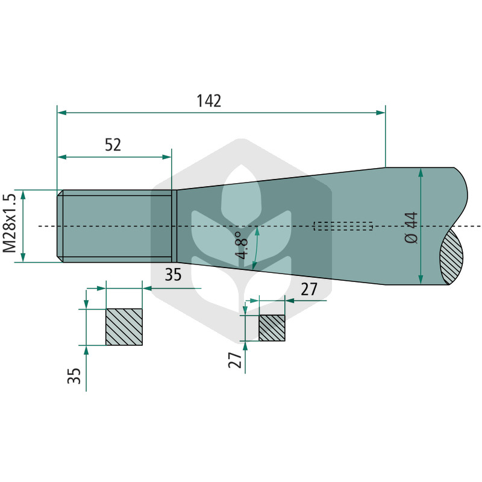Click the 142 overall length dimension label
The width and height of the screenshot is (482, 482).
point(208,101)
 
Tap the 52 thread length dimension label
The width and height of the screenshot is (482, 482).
point(113,145)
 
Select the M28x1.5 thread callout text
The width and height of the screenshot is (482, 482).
point(9,223)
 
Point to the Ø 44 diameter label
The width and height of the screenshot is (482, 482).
point(412,228)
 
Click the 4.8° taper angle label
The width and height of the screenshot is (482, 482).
point(242,245)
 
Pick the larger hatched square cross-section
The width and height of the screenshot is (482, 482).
point(124,327)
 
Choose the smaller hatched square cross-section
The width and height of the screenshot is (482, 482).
point(272,328)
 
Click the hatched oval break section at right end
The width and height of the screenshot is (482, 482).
point(451,257)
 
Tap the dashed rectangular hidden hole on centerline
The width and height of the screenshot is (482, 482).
point(343,226)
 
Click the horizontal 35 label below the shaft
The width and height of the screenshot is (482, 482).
point(173,275)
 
